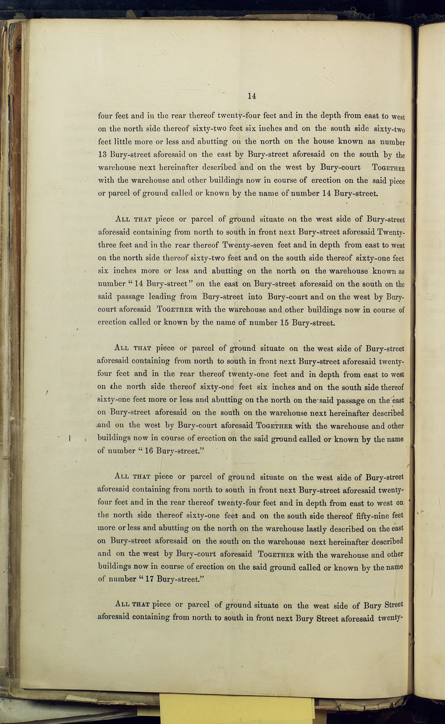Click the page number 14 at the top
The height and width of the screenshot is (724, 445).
(251, 96)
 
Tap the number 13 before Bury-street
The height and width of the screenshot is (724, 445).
(103, 154)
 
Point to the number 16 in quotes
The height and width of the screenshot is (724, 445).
(149, 451)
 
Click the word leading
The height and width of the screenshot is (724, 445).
(162, 297)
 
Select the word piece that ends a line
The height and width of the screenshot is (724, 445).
(397, 181)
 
